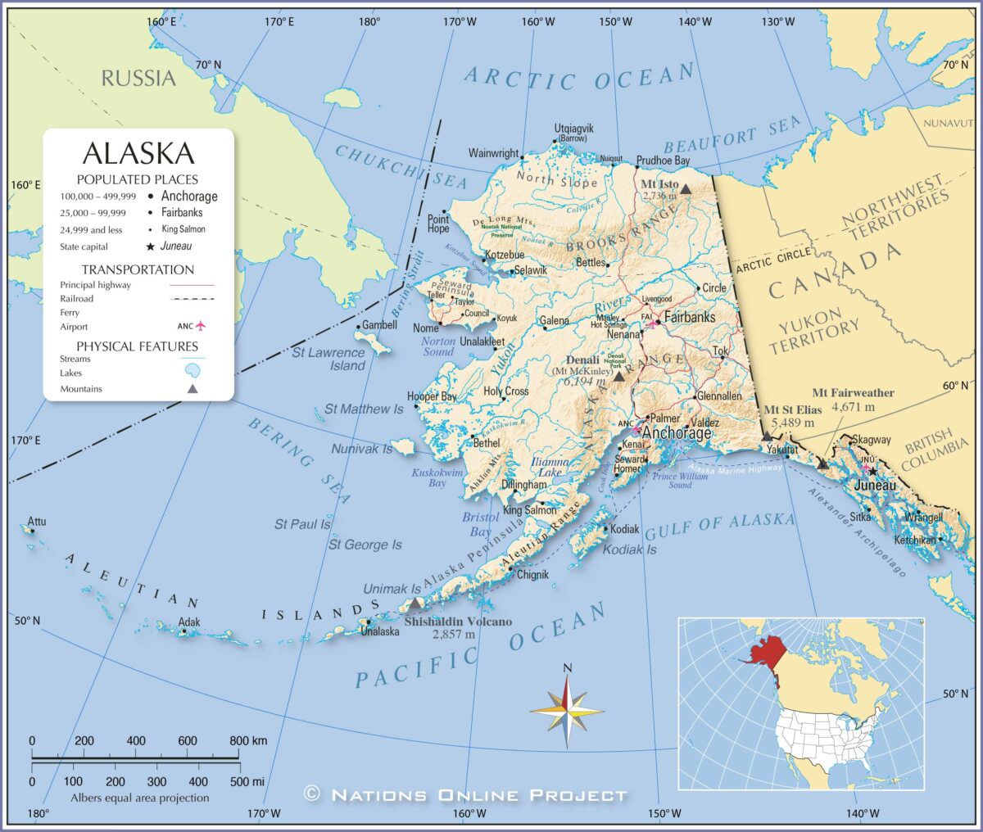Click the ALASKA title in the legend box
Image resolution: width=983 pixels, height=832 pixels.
pyautogui.click(x=138, y=153)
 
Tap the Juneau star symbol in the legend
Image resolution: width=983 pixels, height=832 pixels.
pyautogui.click(x=151, y=246)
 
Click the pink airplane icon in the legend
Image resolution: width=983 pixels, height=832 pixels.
pyautogui.click(x=201, y=326)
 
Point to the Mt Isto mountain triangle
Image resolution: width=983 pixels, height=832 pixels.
pyautogui.click(x=686, y=189)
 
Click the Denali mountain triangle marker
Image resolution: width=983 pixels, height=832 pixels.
pyautogui.click(x=619, y=377)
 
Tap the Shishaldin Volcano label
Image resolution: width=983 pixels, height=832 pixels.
pyautogui.click(x=459, y=622)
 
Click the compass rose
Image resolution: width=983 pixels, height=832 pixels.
pyautogui.click(x=567, y=706)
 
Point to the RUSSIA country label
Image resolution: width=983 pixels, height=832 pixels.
pyautogui.click(x=138, y=79)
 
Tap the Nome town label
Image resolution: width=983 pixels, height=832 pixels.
pyautogui.click(x=426, y=328)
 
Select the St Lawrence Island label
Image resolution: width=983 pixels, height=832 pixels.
pyautogui.click(x=328, y=359)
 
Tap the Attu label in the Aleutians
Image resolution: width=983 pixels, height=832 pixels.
pyautogui.click(x=37, y=521)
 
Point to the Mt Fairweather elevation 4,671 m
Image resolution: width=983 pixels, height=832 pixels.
pyautogui.click(x=853, y=406)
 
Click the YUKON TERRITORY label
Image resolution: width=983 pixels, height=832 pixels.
pyautogui.click(x=815, y=330)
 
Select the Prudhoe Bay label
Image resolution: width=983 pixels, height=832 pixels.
pyautogui.click(x=663, y=161)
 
